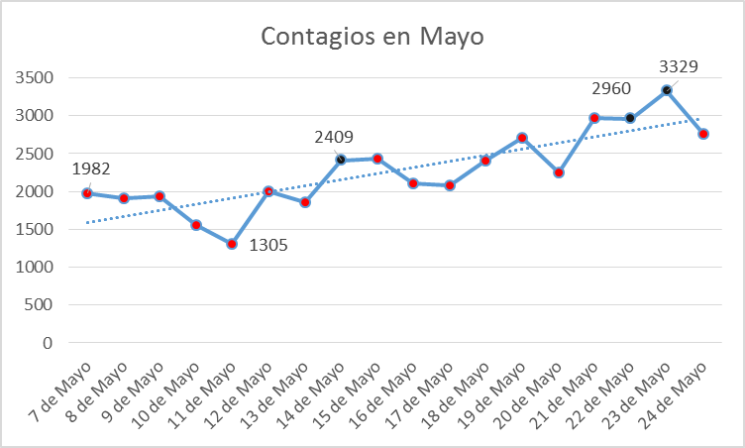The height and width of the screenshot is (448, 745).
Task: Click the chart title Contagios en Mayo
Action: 372,37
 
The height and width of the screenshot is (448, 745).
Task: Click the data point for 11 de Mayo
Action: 232,244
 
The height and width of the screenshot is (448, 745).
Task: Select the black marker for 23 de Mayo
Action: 667,90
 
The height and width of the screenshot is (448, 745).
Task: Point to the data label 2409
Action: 333,138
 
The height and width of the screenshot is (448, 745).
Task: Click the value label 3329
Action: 679,67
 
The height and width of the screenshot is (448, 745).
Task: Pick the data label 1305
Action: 267,246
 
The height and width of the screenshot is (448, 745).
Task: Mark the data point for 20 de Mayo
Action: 559,172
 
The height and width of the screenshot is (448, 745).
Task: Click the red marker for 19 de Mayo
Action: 522,138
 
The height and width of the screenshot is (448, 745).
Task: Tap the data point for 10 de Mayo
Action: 196,225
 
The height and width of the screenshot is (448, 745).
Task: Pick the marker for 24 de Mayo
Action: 703,134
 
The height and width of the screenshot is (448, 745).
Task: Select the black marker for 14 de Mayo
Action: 341,160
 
